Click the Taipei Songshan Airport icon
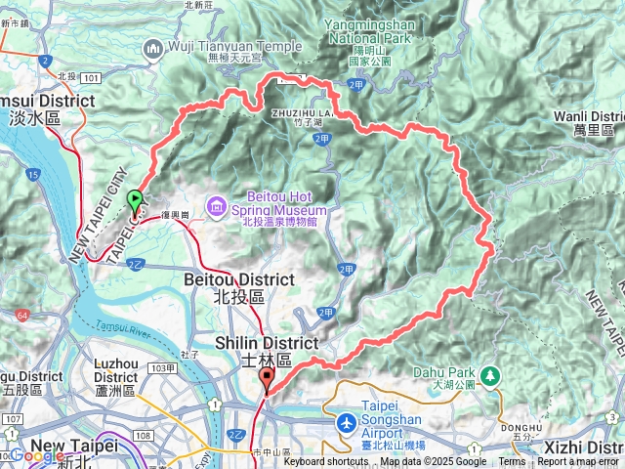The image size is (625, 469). tap(347, 423)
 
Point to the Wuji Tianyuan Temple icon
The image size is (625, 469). tap(152, 48)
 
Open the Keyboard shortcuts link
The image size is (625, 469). tap(326, 462)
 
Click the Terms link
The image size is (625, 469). tap(512, 462)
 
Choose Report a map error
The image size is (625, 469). tap(579, 462)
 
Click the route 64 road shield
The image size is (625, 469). tap(21, 315)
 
